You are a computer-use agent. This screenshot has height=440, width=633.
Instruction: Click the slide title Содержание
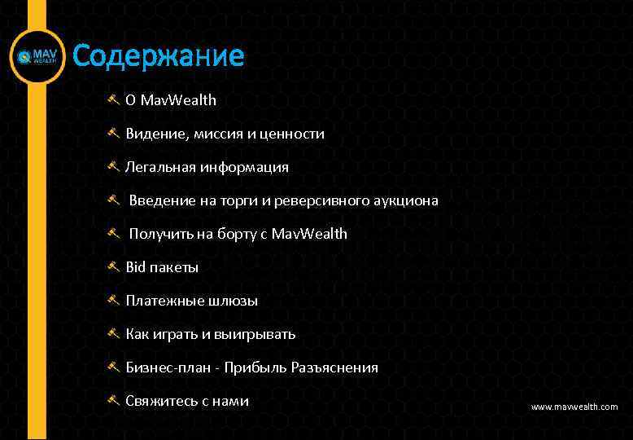[x=158, y=56]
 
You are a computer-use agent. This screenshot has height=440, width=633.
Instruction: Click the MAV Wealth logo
[x=37, y=57]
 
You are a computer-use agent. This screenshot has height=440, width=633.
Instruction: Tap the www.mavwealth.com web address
[x=574, y=407]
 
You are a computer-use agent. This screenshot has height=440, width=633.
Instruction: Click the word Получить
[x=159, y=234]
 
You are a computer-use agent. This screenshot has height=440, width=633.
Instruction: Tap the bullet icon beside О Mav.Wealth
[x=114, y=99]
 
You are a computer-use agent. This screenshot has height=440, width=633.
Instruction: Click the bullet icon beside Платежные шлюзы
[x=114, y=300]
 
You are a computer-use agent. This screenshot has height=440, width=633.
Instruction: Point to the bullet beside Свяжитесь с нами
[x=114, y=400]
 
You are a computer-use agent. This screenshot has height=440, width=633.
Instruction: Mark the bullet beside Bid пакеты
[x=114, y=266]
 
